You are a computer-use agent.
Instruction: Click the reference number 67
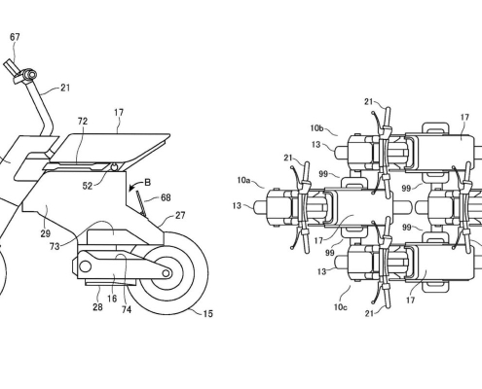pos(15,37)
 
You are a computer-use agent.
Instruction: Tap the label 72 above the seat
pos(83,122)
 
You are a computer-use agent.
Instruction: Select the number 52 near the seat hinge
pos(88,186)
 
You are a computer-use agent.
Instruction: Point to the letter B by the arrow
pos(147,183)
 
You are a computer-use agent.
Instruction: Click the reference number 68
pos(166,197)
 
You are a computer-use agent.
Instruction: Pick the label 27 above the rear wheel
pos(180,215)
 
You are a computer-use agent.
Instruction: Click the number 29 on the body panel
pos(46,233)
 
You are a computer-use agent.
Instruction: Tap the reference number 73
pos(55,247)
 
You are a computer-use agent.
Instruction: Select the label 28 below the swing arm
pos(97,306)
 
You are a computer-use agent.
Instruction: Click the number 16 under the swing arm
pos(112,299)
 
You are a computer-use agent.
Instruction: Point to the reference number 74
pos(127,310)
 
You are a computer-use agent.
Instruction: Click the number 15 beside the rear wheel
pos(208,314)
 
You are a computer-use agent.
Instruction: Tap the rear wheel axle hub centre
pos(166,273)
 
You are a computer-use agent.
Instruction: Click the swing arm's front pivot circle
pos(85,266)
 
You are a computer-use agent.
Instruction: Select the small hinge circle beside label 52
pos(114,167)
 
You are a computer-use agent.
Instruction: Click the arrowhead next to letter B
pos(131,188)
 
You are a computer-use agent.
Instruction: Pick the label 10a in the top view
pos(243,180)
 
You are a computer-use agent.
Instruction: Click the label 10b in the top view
pos(316,128)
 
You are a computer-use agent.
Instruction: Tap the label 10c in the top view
pos(340,306)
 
